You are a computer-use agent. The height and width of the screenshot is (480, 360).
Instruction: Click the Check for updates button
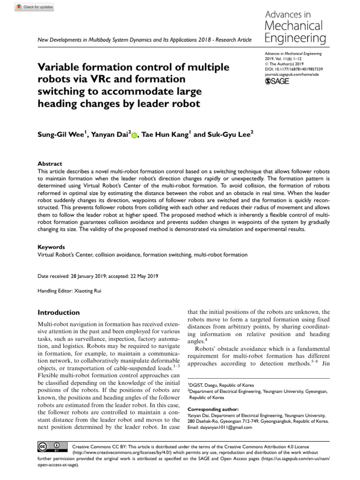(x=35, y=7)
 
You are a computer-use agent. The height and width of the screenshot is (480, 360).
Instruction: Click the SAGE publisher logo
(x=277, y=81)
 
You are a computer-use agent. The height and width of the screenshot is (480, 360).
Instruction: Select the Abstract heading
(x=50, y=164)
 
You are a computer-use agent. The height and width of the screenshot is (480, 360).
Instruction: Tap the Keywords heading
(x=51, y=247)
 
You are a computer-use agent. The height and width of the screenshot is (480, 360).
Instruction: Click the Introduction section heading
(x=59, y=313)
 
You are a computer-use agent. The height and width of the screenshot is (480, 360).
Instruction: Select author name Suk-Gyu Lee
(x=228, y=135)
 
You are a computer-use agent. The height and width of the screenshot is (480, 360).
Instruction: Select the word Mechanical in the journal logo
(x=293, y=25)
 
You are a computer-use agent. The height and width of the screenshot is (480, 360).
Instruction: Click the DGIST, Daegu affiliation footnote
(x=218, y=383)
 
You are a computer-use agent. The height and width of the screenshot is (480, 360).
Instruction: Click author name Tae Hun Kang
(x=165, y=135)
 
